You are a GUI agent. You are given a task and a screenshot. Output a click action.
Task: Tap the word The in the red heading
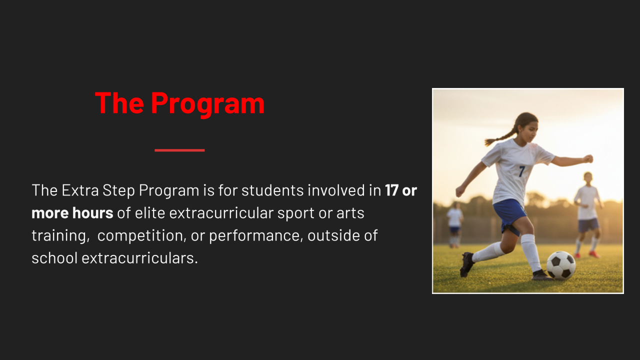tap(119, 103)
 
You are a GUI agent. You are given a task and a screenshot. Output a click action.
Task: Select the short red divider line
tap(179, 150)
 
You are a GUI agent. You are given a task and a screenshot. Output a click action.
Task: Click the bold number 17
tap(391, 190)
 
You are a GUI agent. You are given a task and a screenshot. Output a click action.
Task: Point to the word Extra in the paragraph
tap(80, 190)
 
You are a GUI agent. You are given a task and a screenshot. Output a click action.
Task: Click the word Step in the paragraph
tap(118, 191)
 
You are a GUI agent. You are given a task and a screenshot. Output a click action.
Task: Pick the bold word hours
tap(93, 212)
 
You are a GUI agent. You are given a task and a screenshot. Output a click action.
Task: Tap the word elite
tap(150, 212)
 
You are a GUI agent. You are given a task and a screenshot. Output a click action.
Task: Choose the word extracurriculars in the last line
tap(139, 258)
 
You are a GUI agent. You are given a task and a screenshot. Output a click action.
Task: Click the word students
tap(272, 190)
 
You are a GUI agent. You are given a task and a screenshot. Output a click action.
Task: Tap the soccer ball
tap(561, 265)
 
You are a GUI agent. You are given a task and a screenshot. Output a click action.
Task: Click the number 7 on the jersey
tap(522, 171)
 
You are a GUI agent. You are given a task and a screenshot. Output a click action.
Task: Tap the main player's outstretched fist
tap(588, 158)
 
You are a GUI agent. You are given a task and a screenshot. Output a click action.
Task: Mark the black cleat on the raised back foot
tap(467, 264)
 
